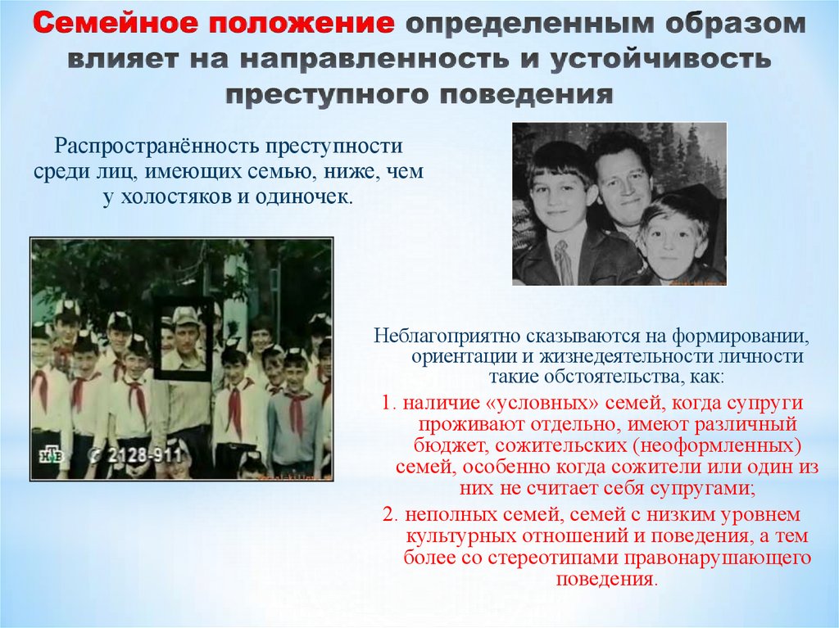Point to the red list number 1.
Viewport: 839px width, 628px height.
(387, 404)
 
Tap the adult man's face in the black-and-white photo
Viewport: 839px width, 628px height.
(622, 181)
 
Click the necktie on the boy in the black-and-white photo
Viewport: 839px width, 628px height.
(564, 262)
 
